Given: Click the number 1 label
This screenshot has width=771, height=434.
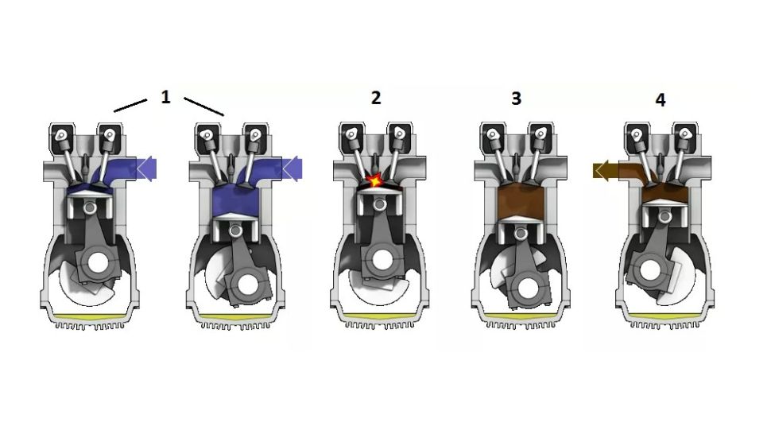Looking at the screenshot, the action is pos(165,97).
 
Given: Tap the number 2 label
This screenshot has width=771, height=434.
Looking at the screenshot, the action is pos(376,97).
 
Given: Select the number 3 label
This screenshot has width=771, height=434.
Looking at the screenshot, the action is pos(516,99).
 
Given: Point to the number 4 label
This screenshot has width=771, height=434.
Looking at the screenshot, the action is pos(661,100).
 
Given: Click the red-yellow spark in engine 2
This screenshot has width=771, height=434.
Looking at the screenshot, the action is pos(374,180).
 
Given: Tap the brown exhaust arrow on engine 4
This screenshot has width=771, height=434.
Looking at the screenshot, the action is pos(606,171).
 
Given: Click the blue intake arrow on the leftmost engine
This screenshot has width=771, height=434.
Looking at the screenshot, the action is pos(145,168).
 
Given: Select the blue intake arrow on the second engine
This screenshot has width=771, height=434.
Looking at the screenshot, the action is pos(292,169).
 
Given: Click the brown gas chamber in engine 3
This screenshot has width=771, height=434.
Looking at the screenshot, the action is pos(521,202).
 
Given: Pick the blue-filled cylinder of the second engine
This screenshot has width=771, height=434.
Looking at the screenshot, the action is pos(235,201).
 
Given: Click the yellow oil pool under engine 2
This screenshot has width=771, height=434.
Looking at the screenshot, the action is pos(379,316).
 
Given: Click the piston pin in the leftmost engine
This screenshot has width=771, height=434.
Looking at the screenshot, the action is pos(90,208).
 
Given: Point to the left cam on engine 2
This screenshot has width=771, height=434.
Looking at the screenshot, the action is pos(352,134).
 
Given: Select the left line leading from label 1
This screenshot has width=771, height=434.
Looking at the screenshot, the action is pos(130,105).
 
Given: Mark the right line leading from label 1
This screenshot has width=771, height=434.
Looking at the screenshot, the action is pos(204,107).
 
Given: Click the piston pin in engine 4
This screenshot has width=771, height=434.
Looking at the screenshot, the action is pos(666,215).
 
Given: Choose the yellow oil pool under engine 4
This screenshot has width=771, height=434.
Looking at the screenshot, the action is pos(665,316).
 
